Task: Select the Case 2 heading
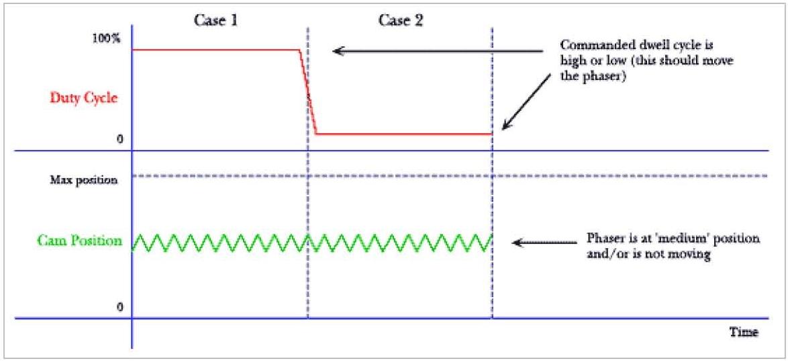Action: point(401,22)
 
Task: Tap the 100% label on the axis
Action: point(107,38)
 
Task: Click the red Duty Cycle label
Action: point(84,97)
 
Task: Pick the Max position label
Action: point(84,180)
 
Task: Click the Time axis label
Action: point(744,332)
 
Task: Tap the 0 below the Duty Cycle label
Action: point(120,139)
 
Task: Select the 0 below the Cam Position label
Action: point(120,307)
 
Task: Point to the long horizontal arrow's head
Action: point(336,50)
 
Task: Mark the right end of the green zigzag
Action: point(492,236)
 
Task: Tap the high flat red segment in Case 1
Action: point(215,49)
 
